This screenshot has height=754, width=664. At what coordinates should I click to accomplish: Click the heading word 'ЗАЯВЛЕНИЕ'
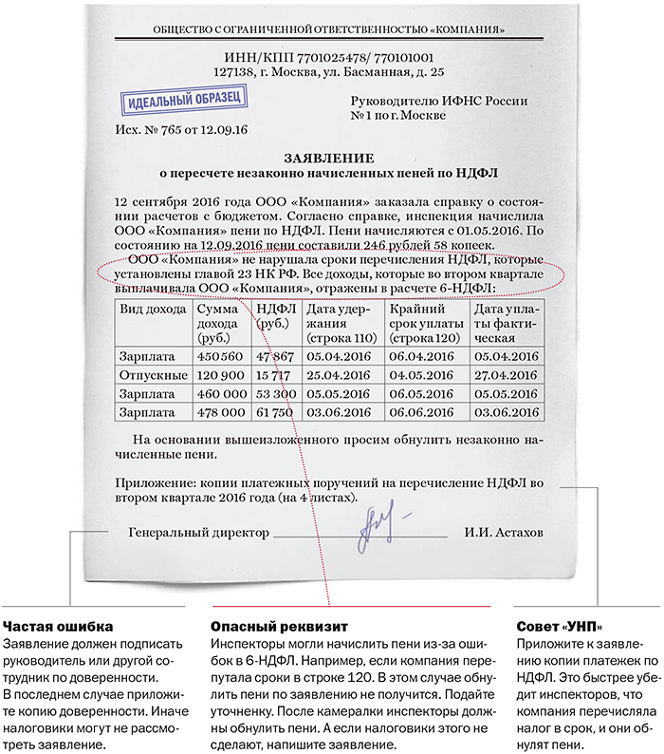click(329, 159)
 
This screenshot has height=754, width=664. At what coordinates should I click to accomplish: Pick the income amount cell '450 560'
click(220, 356)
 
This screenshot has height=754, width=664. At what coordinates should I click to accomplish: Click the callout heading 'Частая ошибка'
click(59, 627)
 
